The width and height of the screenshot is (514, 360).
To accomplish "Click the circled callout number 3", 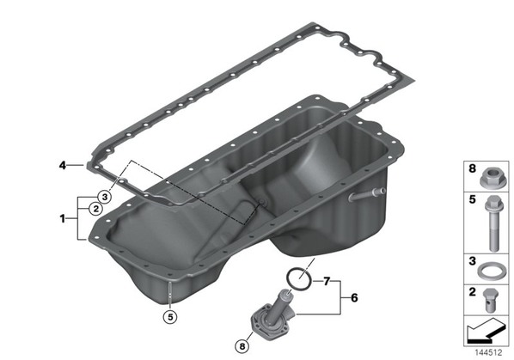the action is [x=104, y=197].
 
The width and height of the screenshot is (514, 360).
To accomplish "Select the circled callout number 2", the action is [x=95, y=208].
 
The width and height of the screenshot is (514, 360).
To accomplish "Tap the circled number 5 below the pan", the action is [x=170, y=317].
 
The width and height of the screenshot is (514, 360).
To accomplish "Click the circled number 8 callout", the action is [x=242, y=346].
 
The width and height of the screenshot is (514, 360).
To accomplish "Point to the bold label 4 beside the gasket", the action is [x=62, y=166].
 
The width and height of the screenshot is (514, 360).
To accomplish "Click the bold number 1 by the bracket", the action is [x=63, y=218].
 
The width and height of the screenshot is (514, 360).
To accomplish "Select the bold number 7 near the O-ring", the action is [x=326, y=281].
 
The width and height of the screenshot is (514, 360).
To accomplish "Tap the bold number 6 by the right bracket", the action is [x=354, y=298].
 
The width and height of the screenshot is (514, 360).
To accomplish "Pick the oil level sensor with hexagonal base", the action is [x=272, y=314].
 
